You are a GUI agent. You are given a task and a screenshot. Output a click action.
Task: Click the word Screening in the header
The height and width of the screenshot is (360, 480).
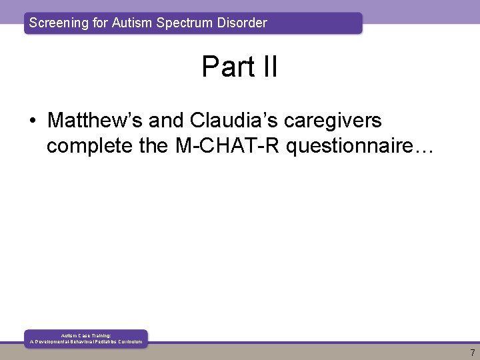click(59, 23)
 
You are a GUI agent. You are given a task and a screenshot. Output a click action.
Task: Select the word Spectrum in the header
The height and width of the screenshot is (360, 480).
click(185, 23)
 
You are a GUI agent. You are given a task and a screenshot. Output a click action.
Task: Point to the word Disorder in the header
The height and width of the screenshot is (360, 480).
click(241, 23)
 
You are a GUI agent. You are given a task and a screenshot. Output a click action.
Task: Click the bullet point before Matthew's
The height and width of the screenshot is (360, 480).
click(33, 121)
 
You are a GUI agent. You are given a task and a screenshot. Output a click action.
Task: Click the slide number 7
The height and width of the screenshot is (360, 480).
click(473, 353)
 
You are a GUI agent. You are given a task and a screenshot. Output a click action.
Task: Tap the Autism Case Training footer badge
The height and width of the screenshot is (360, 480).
click(86, 338)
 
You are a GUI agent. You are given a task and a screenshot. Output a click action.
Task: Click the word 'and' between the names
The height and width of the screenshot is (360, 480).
click(167, 121)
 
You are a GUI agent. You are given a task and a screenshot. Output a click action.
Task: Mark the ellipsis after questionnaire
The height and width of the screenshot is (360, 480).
click(423, 148)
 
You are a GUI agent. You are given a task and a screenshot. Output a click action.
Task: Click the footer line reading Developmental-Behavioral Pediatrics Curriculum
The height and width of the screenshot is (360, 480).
click(86, 341)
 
